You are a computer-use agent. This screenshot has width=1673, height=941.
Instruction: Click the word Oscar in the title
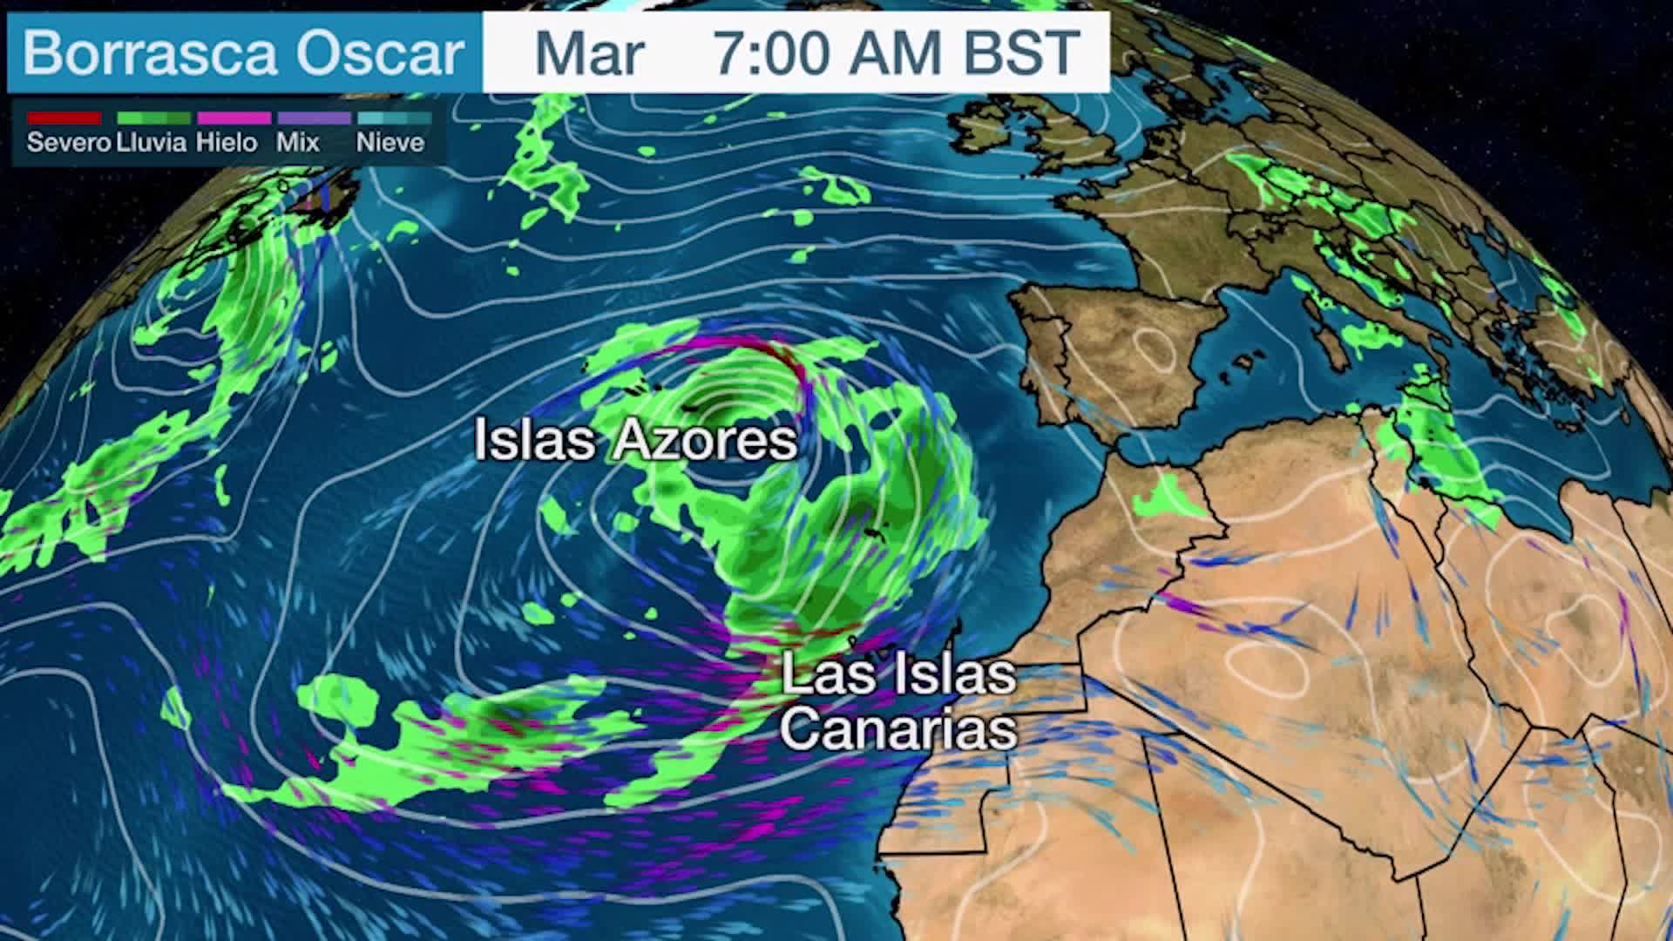380,54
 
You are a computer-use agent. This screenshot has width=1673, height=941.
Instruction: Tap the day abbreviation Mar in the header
589,54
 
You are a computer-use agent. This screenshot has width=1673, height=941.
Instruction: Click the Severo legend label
69,143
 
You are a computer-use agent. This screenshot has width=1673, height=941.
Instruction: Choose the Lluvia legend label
152,143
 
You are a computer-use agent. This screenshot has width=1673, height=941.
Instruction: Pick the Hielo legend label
227,143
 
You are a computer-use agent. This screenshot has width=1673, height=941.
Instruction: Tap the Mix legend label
298,143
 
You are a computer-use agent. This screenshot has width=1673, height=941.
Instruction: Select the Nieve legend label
390,143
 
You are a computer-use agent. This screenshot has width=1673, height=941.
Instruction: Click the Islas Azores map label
636,440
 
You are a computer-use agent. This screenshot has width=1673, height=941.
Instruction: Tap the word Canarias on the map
899,730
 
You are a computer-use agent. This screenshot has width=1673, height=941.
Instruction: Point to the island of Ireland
985,131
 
